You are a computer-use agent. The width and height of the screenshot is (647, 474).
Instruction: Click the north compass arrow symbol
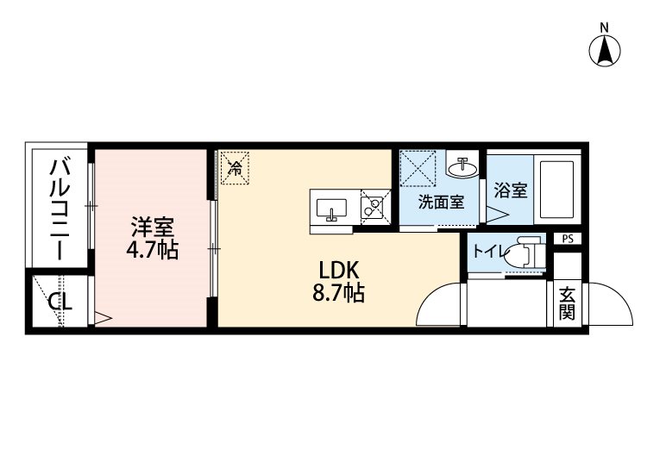605,51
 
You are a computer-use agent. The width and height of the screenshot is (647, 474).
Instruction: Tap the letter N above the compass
604,28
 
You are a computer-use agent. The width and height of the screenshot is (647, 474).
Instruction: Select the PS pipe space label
568,239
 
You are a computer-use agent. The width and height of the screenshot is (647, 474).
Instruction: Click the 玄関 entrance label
568,303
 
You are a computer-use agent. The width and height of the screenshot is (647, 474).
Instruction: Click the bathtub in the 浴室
556,190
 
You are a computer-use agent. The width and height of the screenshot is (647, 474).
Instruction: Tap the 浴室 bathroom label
511,190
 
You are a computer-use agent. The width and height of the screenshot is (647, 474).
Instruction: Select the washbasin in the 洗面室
463,167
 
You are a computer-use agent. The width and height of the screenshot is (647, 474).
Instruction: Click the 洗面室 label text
441,202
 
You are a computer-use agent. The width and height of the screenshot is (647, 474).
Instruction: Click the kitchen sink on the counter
331,209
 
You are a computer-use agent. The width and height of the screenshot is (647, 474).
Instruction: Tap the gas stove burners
373,207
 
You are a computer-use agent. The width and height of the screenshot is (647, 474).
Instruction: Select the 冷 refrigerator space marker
236,168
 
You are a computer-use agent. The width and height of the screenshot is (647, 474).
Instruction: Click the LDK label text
339,271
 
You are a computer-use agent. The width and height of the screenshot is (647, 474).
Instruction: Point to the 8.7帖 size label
338,294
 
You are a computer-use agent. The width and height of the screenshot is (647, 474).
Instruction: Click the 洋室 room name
152,228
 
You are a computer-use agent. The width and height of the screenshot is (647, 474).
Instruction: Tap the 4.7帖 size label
152,249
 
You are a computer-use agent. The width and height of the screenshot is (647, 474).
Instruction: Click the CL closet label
60,302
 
